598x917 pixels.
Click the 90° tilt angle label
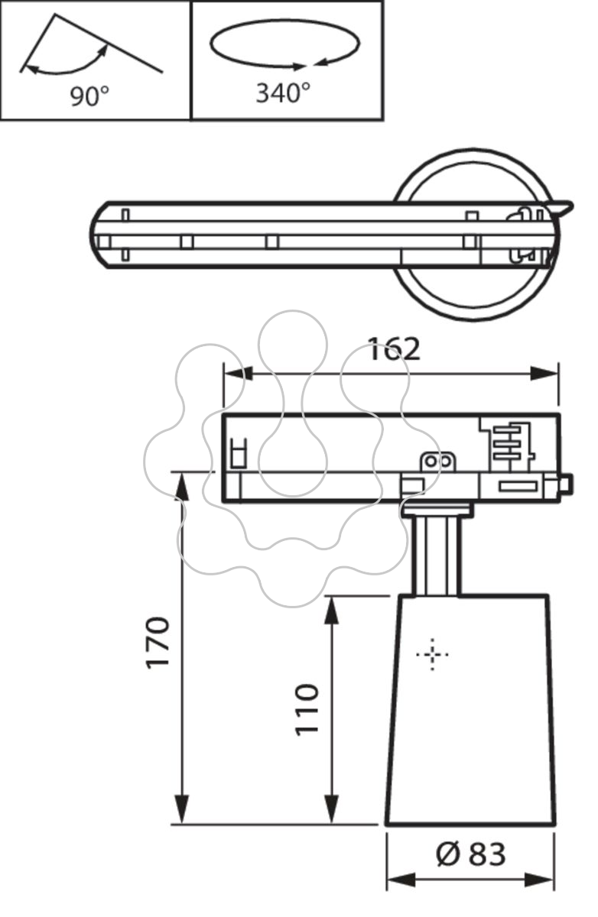89,96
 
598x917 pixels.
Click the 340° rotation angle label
283,92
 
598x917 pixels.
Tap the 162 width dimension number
394,349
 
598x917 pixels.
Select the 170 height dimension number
158,643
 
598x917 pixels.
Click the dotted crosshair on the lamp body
432,655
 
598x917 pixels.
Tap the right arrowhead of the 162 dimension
544,374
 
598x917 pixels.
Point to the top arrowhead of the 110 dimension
331,611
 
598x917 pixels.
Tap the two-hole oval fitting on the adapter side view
437,462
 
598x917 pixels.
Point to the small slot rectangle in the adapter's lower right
518,487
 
